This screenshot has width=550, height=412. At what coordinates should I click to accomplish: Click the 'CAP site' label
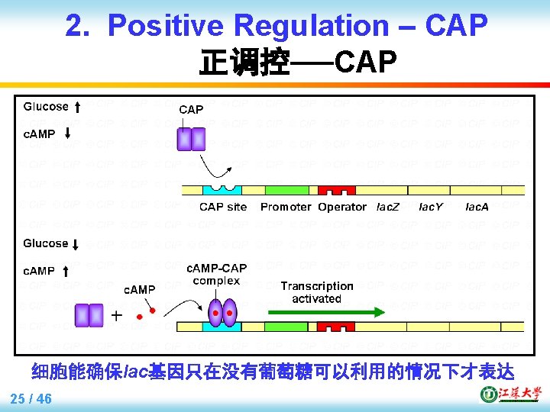223,207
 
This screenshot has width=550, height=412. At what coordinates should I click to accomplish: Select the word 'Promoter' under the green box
286,207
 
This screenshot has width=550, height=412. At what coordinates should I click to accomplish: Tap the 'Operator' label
342,207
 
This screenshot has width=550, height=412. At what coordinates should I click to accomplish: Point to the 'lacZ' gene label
388,207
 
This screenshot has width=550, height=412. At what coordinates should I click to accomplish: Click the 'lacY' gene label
432,207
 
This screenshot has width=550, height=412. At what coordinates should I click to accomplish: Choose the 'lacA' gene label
477,207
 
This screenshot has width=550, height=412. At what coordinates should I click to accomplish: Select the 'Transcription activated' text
316,292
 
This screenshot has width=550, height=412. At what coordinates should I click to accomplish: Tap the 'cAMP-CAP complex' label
217,274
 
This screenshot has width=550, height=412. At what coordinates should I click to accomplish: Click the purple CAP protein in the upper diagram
191,140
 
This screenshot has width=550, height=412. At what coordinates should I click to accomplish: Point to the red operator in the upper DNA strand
337,189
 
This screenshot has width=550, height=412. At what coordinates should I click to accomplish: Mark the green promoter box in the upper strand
286,191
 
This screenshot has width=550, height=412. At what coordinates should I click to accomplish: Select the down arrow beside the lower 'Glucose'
77,244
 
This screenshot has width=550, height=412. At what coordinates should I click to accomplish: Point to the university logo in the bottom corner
510,394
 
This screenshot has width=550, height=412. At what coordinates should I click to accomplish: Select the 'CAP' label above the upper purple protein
191,110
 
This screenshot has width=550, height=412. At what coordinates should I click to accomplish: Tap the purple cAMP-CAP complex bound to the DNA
223,314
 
